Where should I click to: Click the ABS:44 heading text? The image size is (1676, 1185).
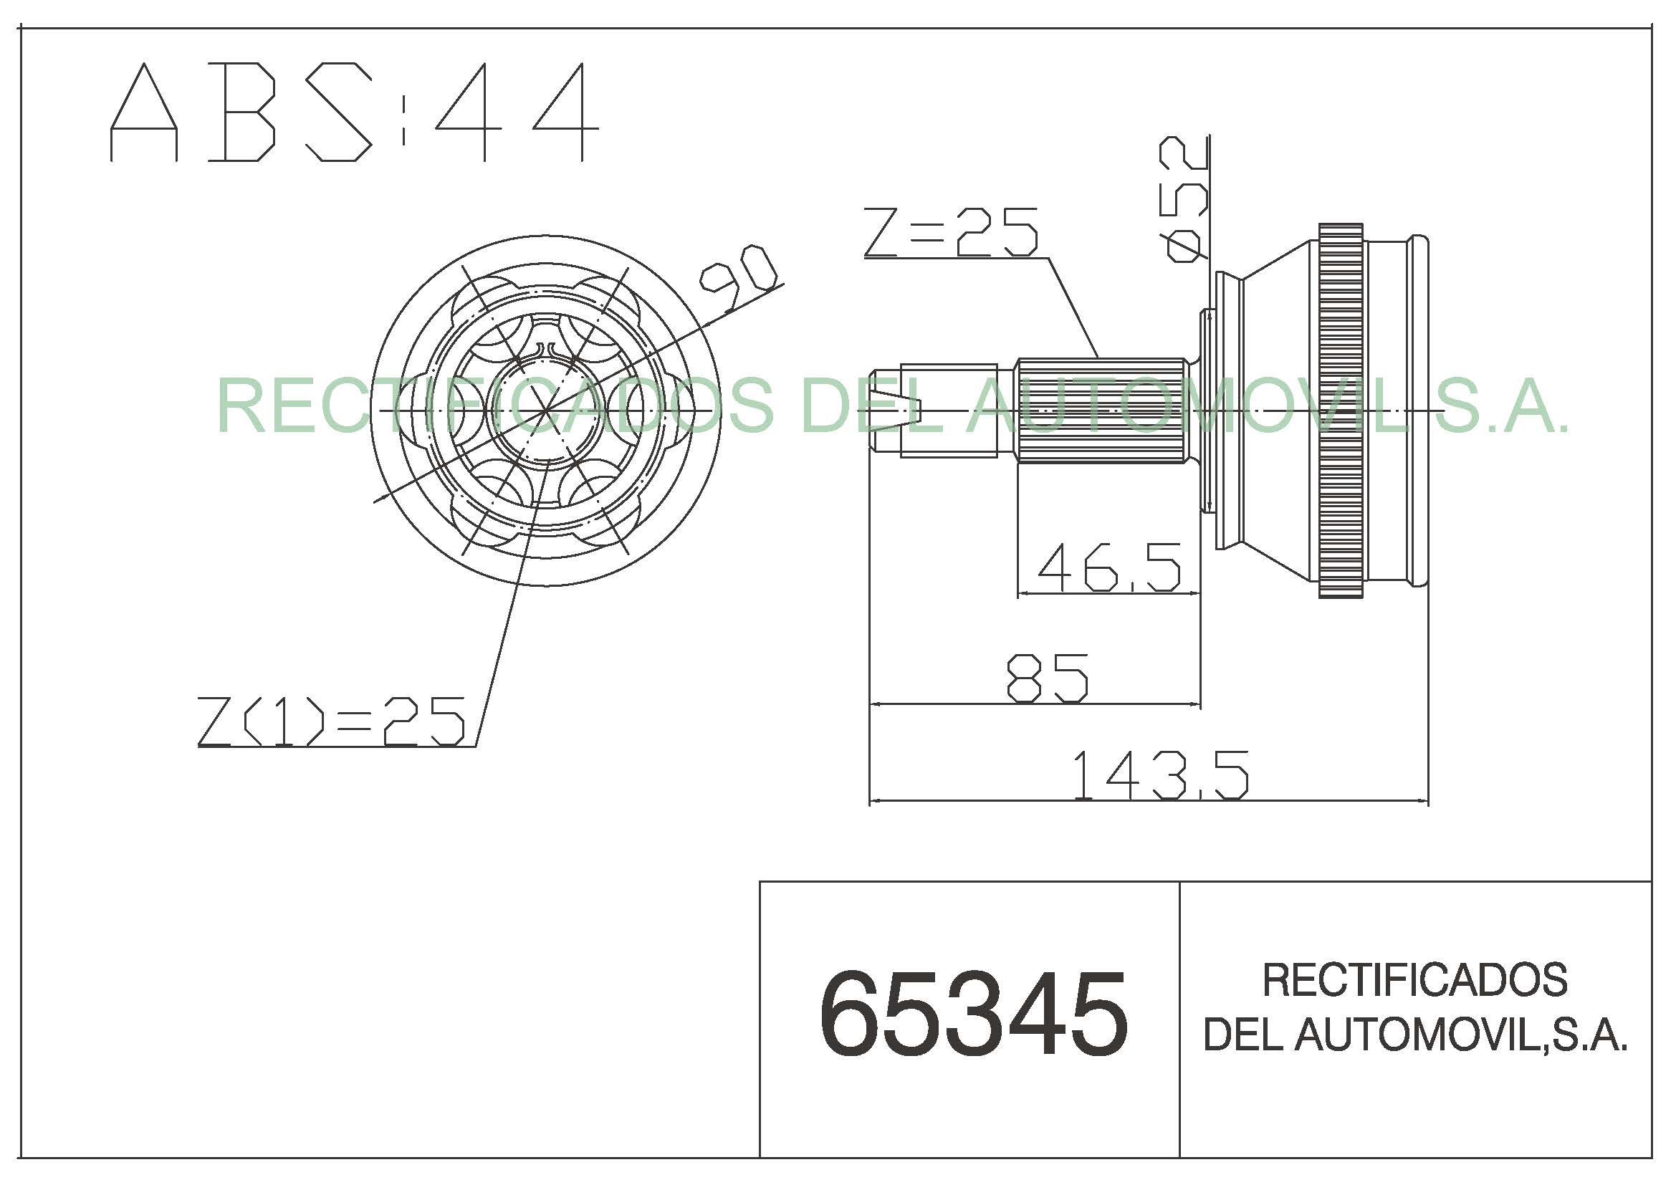pyautogui.click(x=354, y=112)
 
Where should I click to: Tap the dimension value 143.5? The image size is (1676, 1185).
pyautogui.click(x=1160, y=775)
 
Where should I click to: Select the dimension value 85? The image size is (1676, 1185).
pyautogui.click(x=1048, y=678)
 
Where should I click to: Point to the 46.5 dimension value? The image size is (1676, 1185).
pyautogui.click(x=1108, y=567)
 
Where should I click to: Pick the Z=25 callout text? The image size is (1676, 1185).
pyautogui.click(x=951, y=232)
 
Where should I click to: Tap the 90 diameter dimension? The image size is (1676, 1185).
pyautogui.click(x=737, y=278)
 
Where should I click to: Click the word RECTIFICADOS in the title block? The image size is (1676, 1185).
pyautogui.click(x=1414, y=980)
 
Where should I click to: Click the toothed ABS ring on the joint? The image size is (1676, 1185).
pyautogui.click(x=1341, y=411)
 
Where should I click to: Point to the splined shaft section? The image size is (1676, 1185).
pyautogui.click(x=1101, y=411)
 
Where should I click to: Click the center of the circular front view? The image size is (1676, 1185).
pyautogui.click(x=545, y=411)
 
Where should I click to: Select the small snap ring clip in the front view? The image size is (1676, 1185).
pyautogui.click(x=546, y=351)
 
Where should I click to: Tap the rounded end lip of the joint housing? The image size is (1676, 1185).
pyautogui.click(x=1419, y=411)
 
